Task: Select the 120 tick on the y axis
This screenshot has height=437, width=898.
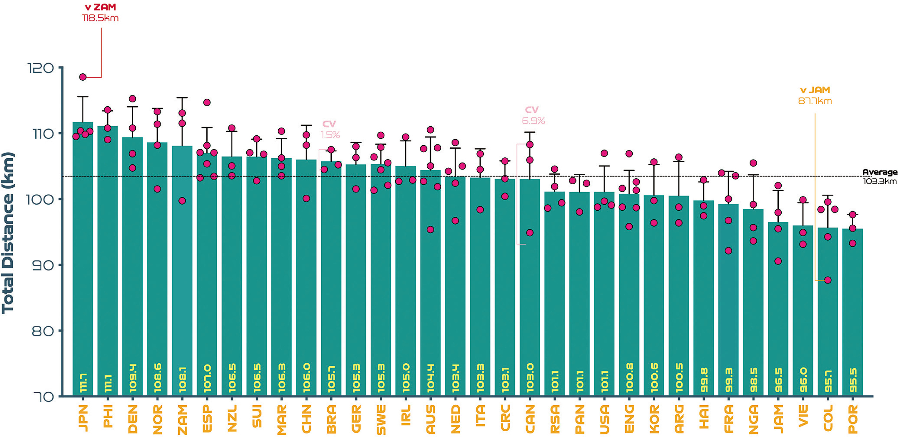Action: [41, 68]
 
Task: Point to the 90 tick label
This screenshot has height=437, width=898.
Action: [43, 266]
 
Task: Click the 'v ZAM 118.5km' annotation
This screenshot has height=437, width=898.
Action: [100, 12]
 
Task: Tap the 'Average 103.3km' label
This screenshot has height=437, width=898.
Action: [880, 177]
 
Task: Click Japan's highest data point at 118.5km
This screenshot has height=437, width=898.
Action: [83, 77]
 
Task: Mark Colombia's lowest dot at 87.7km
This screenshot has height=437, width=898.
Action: [828, 280]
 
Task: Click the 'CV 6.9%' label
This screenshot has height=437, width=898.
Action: [533, 115]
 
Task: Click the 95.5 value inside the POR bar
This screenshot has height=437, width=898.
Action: [853, 380]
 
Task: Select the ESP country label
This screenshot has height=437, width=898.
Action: [207, 419]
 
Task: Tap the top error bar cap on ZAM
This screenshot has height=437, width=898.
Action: [182, 98]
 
